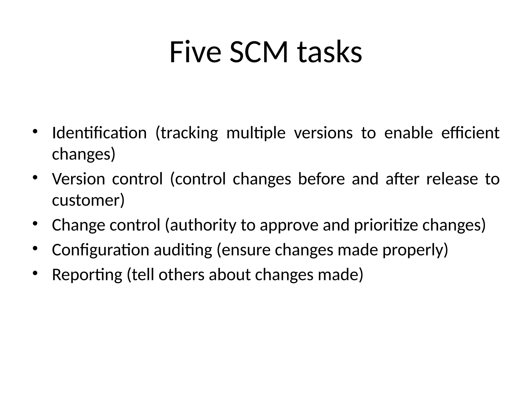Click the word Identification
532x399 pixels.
(x=99, y=133)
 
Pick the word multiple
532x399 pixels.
(x=256, y=133)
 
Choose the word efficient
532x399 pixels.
(x=470, y=133)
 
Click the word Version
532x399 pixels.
(x=78, y=179)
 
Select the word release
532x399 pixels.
(x=452, y=179)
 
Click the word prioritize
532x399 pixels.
(x=386, y=225)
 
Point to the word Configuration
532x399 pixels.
(x=101, y=250)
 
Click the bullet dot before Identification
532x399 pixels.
(x=35, y=131)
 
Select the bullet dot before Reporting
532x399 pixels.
(x=35, y=273)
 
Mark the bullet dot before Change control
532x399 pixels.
(x=35, y=223)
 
